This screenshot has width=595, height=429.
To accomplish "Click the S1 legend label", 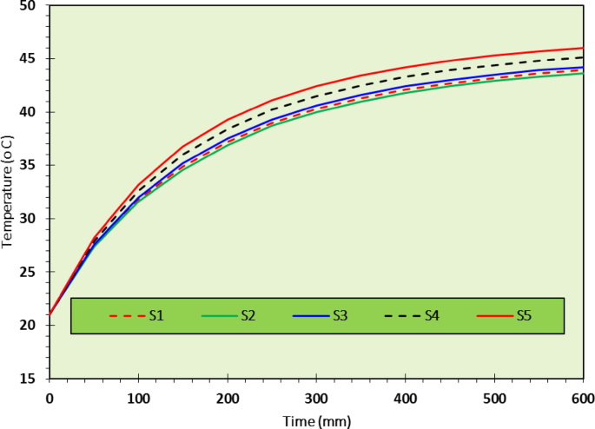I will tap(156, 316).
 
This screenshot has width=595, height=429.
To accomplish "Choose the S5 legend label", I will tap(524, 316).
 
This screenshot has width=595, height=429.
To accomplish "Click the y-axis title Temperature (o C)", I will tap(8, 191).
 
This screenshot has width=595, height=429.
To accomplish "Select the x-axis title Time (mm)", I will tap(317, 420).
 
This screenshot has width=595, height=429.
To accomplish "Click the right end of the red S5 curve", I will tap(583, 48).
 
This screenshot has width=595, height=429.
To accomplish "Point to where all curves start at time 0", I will tap(50, 314).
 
